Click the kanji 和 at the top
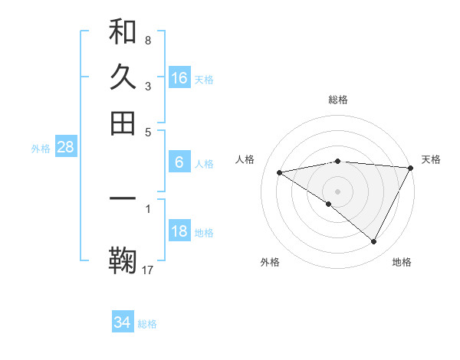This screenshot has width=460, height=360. pos(123,33)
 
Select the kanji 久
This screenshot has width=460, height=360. pos(123,77)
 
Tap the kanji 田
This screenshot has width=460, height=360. pos(123,123)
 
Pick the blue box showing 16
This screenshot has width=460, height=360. pos(179,77)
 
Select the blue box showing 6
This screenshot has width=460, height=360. pos(179,162)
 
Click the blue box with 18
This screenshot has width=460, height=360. pos(179,231)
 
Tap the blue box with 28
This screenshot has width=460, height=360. pos(65,148)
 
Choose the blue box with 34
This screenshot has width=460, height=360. pos(123,322)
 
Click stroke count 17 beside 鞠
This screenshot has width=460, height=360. pos(148,269)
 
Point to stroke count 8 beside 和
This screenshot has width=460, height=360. pos(147,40)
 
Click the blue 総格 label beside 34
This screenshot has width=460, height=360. pos(147,324)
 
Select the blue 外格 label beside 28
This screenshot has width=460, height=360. pos(41,149)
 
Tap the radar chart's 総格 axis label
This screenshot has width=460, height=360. pos(338,100)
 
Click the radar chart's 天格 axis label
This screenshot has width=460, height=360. pos(431,159)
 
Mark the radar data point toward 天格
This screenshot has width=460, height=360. pos(411,168)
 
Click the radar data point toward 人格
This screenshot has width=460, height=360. pos(280,172)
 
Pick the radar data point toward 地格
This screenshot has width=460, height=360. pos(374,242)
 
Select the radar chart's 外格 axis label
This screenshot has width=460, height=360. pos(270,262)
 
